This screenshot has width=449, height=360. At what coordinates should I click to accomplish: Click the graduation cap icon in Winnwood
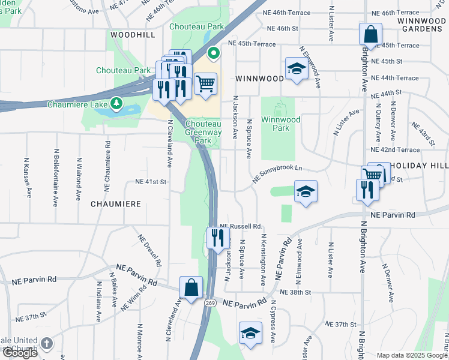297,70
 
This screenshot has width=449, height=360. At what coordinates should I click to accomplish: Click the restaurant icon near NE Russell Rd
217,237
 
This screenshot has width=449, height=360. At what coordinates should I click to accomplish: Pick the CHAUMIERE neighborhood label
116,204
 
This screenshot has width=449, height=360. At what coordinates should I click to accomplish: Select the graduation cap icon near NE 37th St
250,333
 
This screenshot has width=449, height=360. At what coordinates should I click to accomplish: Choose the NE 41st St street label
150,181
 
